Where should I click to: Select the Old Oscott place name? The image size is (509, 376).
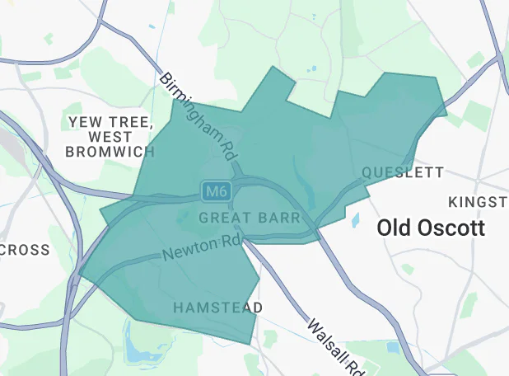(431, 228)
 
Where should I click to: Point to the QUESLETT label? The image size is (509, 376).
(403, 173)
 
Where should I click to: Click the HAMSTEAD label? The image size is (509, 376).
(217, 308)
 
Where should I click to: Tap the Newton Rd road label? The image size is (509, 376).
(201, 247)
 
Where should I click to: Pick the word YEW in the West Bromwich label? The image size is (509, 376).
(84, 122)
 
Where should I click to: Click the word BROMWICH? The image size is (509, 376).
(110, 152)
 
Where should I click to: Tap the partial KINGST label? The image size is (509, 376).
(478, 202)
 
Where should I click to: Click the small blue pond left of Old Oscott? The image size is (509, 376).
(356, 220)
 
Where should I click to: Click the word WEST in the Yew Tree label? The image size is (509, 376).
(110, 137)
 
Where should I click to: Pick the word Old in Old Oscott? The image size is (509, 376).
(392, 228)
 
